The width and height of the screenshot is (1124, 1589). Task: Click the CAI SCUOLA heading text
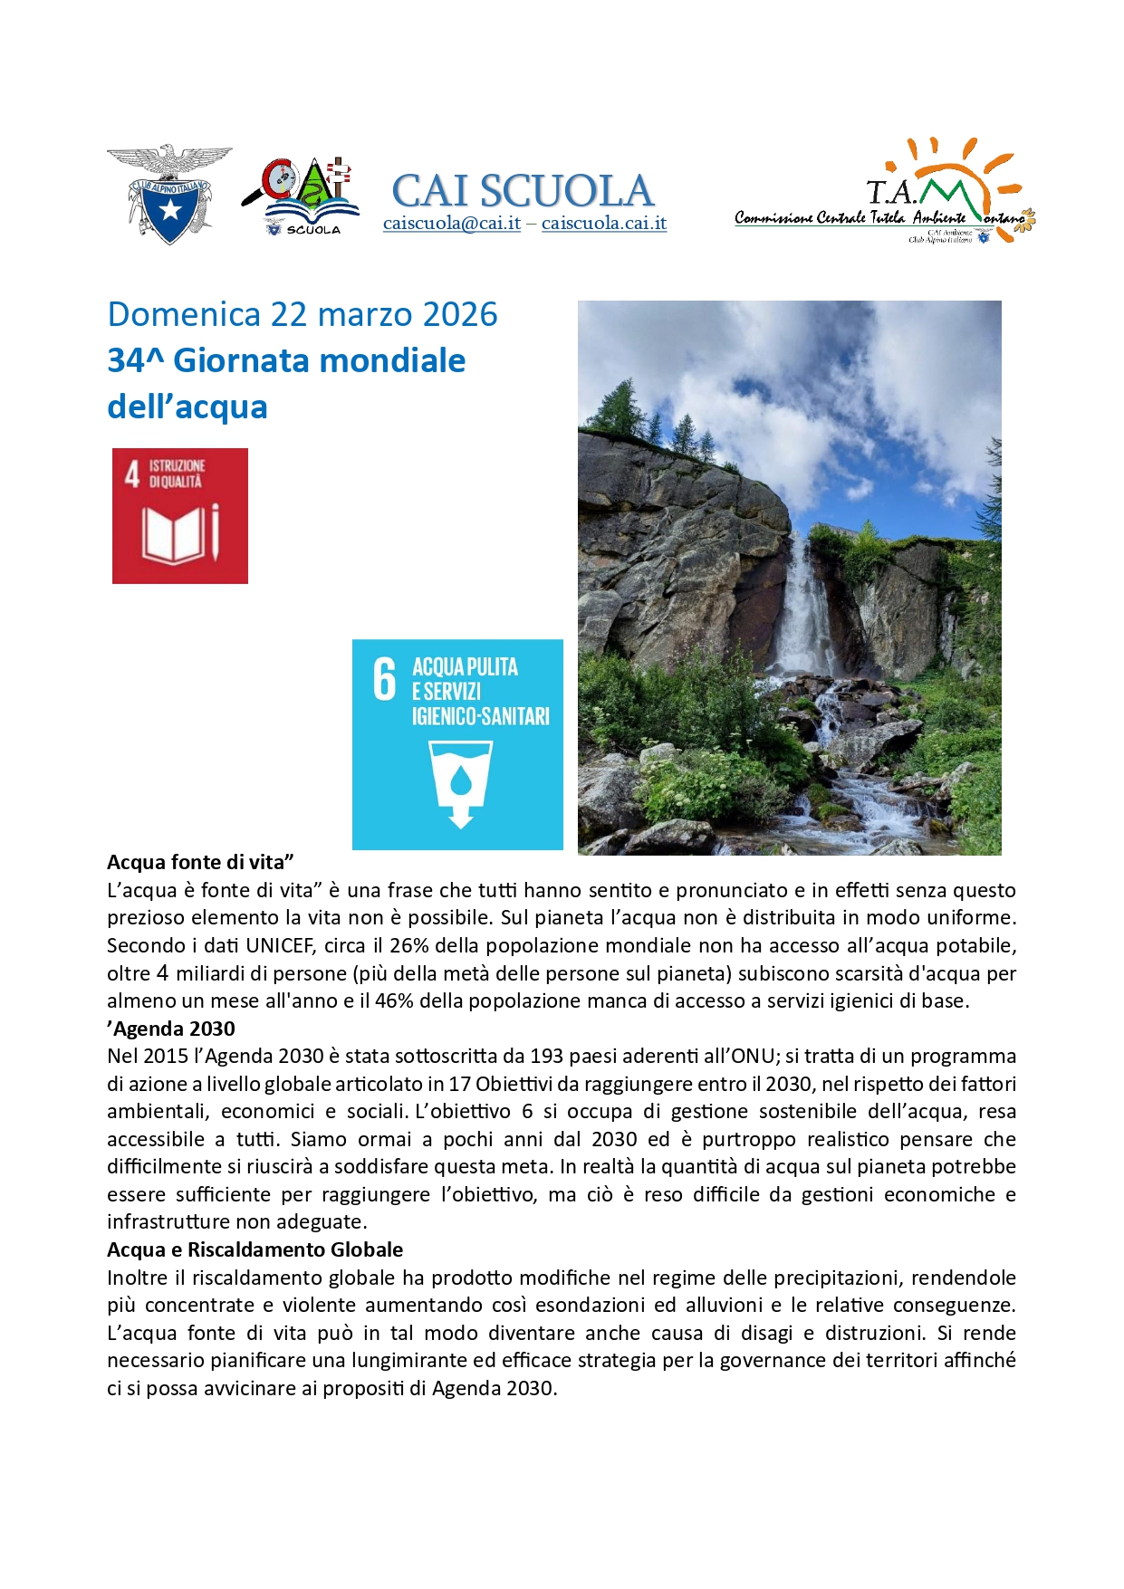[523, 190]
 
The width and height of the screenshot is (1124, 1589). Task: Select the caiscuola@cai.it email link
[451, 224]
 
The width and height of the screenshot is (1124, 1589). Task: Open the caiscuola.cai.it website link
[604, 224]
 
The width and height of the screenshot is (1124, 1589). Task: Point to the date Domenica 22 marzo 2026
[303, 314]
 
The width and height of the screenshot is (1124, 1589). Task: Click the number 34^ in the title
[135, 360]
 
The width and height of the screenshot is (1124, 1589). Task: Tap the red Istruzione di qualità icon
[180, 515]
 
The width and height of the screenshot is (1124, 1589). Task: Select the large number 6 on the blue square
[385, 680]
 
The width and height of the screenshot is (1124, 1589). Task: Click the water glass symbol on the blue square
[460, 780]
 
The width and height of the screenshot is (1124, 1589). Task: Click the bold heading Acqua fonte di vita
[200, 862]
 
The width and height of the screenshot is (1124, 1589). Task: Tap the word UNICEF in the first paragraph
[278, 945]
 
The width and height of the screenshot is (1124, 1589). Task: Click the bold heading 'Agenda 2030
[171, 1029]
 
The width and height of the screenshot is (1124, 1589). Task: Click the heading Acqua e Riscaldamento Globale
[255, 1249]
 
